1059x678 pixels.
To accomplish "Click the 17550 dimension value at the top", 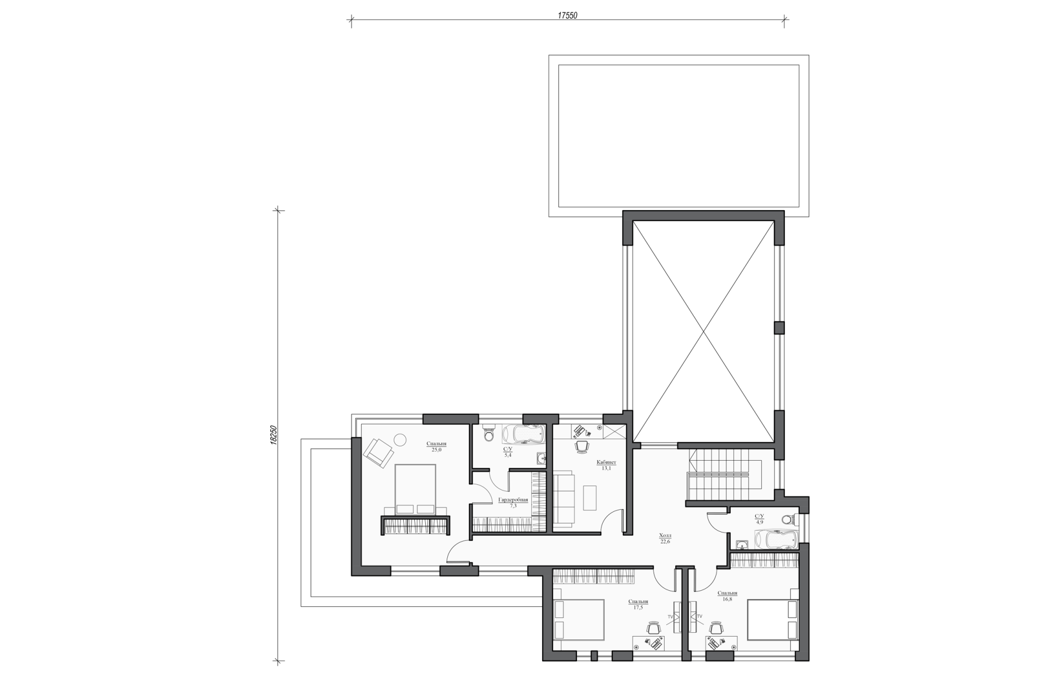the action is [567, 16].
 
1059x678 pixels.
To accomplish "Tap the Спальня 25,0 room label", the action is [436, 446].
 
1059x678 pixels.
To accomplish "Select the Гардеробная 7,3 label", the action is [513, 503].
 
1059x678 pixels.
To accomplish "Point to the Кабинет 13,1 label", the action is [606, 465].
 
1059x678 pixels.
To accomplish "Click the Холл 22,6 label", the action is [665, 538].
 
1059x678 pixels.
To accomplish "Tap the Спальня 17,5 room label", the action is [638, 604].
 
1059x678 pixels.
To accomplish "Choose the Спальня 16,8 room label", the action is [728, 596].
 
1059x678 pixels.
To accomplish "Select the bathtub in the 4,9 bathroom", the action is [775, 539].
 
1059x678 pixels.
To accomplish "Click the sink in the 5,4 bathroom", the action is [541, 458].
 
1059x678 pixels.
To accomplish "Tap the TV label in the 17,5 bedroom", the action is [671, 616].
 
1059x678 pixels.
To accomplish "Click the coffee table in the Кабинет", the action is [589, 498].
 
